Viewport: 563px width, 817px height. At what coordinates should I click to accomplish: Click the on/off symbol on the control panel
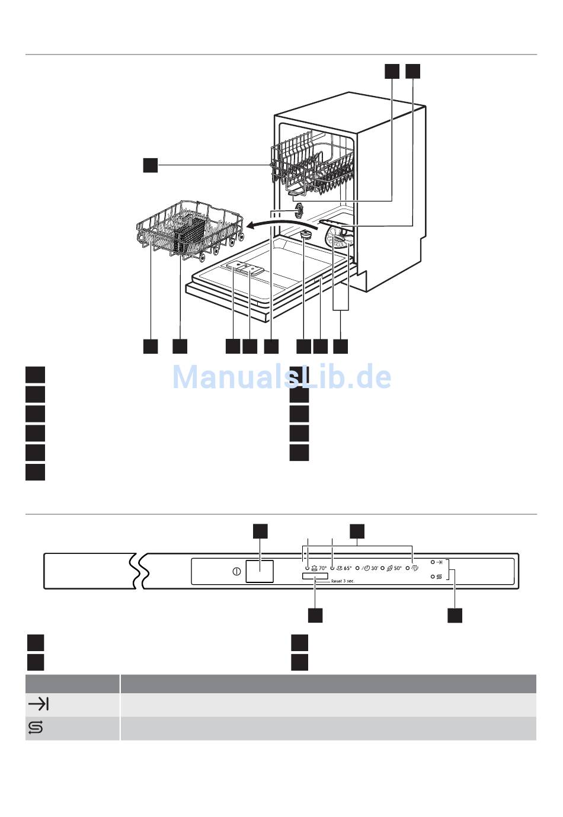236,572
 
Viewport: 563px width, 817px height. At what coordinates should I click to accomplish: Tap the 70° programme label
323,568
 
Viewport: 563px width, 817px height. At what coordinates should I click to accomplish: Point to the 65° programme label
347,568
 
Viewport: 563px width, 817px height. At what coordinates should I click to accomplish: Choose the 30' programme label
374,568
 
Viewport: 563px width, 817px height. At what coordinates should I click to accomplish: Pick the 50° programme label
397,568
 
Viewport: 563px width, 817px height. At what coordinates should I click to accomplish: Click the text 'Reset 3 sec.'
343,581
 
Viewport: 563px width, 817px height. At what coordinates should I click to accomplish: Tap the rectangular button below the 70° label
314,576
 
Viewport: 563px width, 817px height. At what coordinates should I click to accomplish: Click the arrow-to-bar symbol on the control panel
439,562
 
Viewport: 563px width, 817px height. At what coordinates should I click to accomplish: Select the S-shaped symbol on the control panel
439,576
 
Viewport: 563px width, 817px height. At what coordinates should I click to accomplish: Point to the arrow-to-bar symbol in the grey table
39,704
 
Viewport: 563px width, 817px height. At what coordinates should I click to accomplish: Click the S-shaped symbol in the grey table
36,728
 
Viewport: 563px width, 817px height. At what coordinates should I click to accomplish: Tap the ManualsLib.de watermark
281,377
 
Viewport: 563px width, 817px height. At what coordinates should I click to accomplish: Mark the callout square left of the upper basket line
151,165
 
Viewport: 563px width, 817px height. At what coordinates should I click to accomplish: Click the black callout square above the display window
260,531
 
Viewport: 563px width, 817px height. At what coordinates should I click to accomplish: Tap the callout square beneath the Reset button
315,615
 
